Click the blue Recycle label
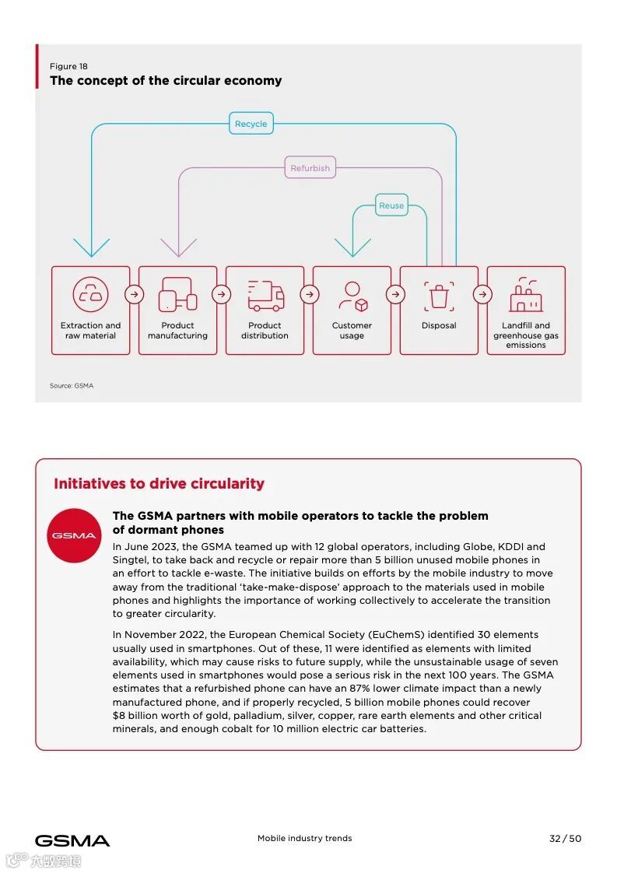pyautogui.click(x=251, y=124)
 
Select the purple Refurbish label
pyautogui.click(x=310, y=168)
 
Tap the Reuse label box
pyautogui.click(x=391, y=206)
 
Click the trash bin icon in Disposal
pyautogui.click(x=439, y=296)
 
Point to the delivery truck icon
pyautogui.click(x=265, y=296)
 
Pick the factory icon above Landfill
pyautogui.click(x=526, y=295)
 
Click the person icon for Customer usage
pyautogui.click(x=352, y=296)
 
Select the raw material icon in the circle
pyautogui.click(x=91, y=295)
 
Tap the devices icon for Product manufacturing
pyautogui.click(x=177, y=296)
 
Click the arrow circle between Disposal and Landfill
pyautogui.click(x=482, y=295)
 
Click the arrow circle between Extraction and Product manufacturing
pyautogui.click(x=135, y=295)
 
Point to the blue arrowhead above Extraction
pyautogui.click(x=91, y=248)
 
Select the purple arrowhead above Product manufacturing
pyautogui.click(x=178, y=248)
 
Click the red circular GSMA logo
pyautogui.click(x=74, y=535)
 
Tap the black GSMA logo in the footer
pyautogui.click(x=72, y=840)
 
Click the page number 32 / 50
pyautogui.click(x=565, y=839)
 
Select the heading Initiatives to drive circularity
pyautogui.click(x=159, y=484)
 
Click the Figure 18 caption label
pyautogui.click(x=68, y=67)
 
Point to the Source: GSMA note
pyautogui.click(x=72, y=386)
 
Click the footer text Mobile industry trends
pyautogui.click(x=304, y=839)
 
